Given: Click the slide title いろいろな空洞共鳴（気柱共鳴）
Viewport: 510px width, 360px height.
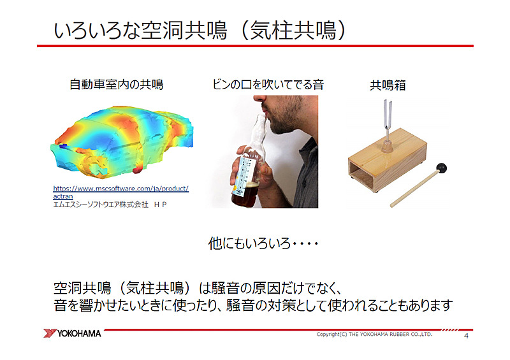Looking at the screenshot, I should coord(201,30).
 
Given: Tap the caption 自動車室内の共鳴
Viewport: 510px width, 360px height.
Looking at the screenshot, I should coord(117,84).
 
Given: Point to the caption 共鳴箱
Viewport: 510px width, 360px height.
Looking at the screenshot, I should coord(388,85).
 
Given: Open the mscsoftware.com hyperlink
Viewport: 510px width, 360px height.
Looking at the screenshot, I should coord(120,189).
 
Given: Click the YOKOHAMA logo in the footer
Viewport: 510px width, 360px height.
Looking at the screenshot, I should coord(73,333).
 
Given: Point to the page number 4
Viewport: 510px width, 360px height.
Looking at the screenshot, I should coord(467,336).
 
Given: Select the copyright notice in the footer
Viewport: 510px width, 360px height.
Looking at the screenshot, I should coord(375,334).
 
